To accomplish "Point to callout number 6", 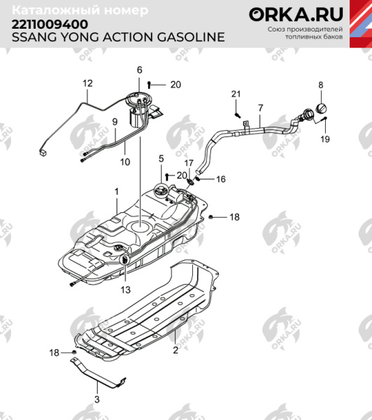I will coord(139,70).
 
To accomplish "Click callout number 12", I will coord(87,83).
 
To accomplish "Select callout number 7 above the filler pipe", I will coord(260,108).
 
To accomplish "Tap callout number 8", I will coord(321,85).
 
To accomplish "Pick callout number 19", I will coord(324,140).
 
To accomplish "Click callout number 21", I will coord(236,94).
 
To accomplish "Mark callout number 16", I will coord(221,180).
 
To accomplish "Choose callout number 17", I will coord(189,163).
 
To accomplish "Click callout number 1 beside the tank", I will coord(117,190).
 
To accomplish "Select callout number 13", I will coord(125,289).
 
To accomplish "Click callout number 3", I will coord(97,399).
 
